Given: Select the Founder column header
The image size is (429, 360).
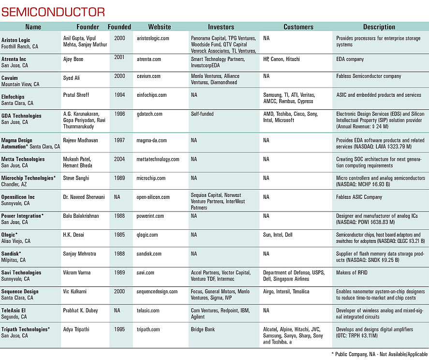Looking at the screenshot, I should (88, 27).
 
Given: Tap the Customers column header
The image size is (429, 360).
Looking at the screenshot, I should (298, 27).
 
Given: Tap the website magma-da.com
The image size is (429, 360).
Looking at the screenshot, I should (151, 141).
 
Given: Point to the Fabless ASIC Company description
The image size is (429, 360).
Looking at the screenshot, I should (359, 197).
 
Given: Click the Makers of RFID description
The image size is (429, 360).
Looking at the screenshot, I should (352, 273).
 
